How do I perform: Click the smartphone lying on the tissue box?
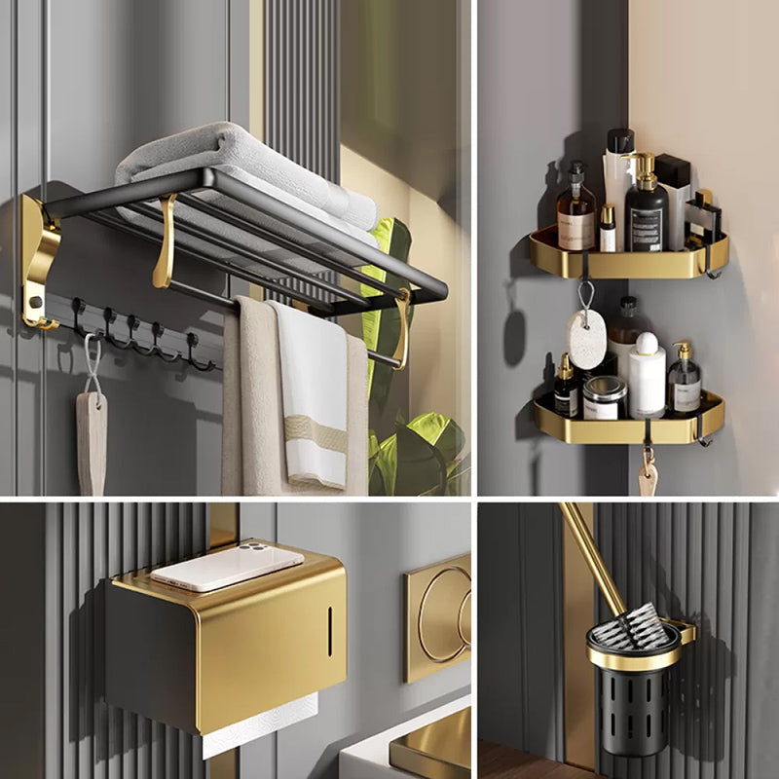pos(227,566)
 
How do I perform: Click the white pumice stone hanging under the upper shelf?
pos(586,340)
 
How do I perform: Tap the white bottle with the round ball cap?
pos(647,375)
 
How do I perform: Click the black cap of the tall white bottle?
pos(619,141)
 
